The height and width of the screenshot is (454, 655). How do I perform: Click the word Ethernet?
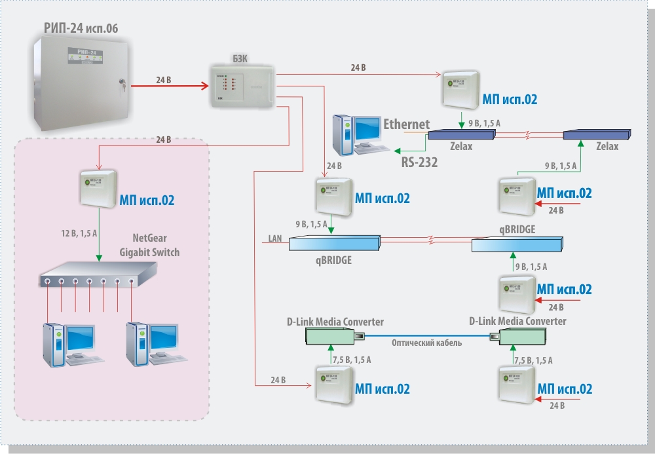(406, 124)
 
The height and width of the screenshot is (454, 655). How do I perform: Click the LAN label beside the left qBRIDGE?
(275, 238)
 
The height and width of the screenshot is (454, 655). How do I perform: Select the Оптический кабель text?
(426, 343)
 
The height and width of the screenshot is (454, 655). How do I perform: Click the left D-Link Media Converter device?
(330, 336)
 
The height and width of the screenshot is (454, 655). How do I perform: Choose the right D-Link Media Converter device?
(523, 337)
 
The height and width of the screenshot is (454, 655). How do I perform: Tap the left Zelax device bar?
(460, 134)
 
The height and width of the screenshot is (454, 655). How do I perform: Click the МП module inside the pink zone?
(98, 189)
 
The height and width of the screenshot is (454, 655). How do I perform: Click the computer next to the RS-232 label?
(357, 135)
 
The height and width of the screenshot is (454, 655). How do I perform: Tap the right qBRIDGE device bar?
(517, 245)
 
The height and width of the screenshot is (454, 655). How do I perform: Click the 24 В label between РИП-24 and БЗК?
(164, 80)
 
